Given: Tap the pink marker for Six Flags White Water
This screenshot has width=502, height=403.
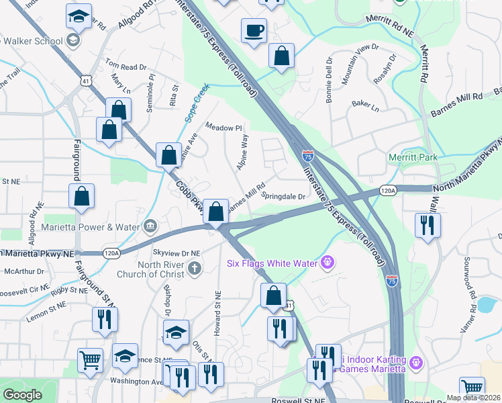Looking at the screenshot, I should click(328, 261).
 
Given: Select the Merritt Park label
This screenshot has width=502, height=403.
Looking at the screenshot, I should click(412, 157).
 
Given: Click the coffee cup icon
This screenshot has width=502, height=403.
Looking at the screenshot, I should click(254, 30).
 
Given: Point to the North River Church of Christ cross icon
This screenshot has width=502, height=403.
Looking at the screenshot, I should click(195, 269).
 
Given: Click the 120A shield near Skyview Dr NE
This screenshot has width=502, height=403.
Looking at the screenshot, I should click(111, 253).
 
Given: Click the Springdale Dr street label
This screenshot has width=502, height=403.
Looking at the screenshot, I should click(283, 197).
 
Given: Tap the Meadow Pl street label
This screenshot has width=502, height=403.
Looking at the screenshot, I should click(223, 128).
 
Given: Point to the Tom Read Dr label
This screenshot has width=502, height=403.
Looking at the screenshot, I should click(125, 66).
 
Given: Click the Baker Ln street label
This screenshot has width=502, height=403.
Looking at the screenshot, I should click(365, 105).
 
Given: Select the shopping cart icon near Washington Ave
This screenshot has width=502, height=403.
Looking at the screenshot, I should click(90, 359).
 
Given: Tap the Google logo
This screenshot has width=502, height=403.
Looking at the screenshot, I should click(22, 395).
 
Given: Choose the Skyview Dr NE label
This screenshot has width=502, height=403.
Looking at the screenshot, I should click(178, 253).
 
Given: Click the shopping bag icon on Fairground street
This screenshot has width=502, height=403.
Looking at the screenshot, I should click(81, 196).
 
